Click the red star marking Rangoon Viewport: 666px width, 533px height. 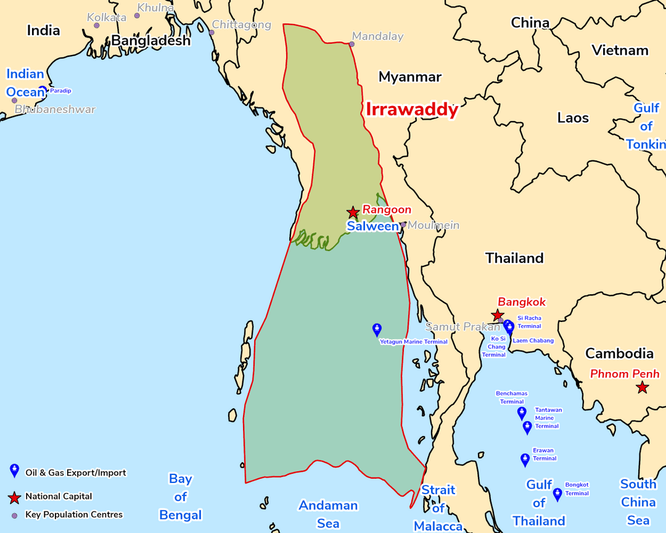pos(353,213)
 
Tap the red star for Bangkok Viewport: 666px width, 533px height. pos(498,316)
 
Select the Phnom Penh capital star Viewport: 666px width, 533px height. pos(643,387)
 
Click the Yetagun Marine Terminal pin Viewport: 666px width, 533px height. pos(377,329)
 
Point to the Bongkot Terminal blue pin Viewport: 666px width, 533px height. pos(557,494)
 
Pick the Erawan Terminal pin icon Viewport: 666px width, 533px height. pos(525,459)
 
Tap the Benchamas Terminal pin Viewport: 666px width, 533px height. pos(522,413)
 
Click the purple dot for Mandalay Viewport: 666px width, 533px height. pos(351,44)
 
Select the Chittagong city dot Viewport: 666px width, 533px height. pos(210,32)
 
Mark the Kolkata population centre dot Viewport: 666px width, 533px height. pos(97,25)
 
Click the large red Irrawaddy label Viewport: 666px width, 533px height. pos(412,110)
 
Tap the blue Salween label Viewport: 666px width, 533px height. pos(372,226)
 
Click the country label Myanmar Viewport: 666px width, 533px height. pos(410,77)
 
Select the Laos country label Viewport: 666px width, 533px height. pos(573,118)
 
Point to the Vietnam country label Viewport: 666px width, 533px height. pos(620,51)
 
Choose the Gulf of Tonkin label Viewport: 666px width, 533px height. pos(646,126)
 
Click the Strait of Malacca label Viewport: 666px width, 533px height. pos(438,508)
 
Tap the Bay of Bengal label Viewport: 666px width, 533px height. pos(180,497)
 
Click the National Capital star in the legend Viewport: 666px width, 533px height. pos(14,497)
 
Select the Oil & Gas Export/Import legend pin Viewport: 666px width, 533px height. pos(14,471)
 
